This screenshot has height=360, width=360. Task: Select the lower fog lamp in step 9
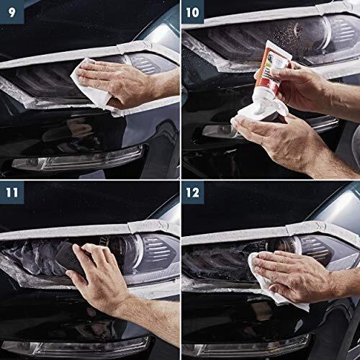click(79, 163)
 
